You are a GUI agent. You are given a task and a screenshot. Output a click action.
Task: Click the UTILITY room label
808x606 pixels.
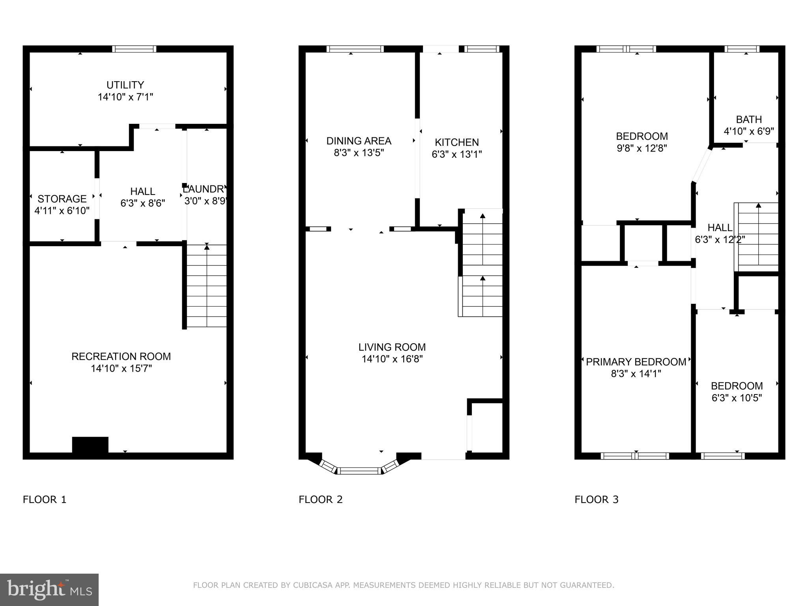[125, 85]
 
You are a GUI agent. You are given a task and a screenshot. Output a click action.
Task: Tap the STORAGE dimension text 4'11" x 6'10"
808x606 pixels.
[62, 211]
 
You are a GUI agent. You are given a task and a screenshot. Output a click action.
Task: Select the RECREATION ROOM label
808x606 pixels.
[121, 357]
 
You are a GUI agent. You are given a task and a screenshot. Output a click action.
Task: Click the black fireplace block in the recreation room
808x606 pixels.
[90, 445]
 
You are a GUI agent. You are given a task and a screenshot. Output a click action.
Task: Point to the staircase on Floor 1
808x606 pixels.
[206, 286]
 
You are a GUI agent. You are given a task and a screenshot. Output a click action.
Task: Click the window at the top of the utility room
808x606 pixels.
[134, 49]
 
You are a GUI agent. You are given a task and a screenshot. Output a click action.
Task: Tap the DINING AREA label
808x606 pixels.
[359, 141]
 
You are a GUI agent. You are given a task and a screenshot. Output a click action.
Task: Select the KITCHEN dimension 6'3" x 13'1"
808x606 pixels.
[456, 154]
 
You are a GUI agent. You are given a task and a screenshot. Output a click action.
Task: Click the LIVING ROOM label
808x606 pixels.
[392, 347]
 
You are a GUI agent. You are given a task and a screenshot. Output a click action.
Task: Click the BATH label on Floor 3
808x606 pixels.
[748, 120]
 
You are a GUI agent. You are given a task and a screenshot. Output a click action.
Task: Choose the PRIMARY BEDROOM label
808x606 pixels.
[636, 362]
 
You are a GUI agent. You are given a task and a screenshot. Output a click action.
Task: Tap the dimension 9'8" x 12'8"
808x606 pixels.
[642, 148]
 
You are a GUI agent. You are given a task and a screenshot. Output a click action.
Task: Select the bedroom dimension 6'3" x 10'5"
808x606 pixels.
[736, 398]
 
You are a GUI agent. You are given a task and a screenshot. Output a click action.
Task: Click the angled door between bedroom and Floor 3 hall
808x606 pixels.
[702, 165]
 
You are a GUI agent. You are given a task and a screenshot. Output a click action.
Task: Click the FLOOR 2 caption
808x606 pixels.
[320, 499]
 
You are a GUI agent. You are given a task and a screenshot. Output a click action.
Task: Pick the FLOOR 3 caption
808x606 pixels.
[596, 499]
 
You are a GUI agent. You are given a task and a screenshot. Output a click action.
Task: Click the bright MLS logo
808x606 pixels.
[49, 589]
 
